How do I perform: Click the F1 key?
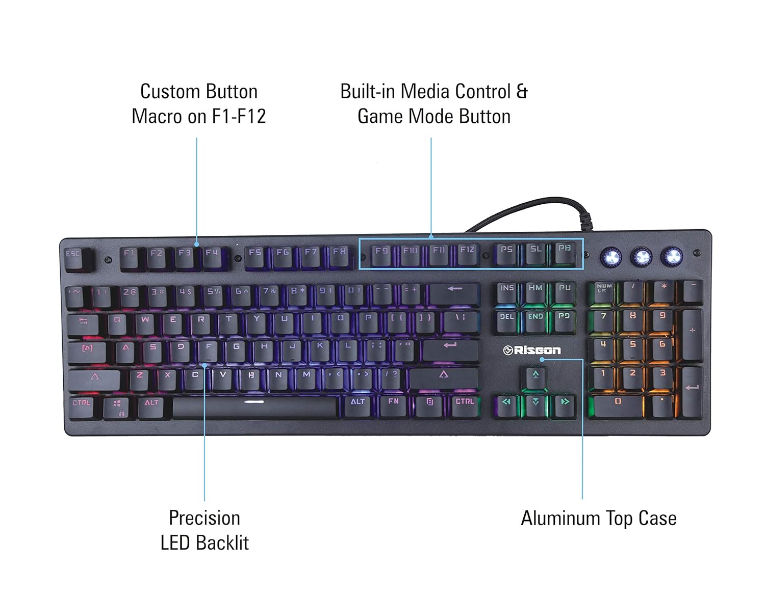pos(130,256)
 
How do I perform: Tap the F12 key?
pos(467,253)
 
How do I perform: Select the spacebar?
pos(254,406)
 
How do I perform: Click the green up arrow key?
pos(535,377)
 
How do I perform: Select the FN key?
pos(393,405)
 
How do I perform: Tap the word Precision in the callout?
pos(204,518)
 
